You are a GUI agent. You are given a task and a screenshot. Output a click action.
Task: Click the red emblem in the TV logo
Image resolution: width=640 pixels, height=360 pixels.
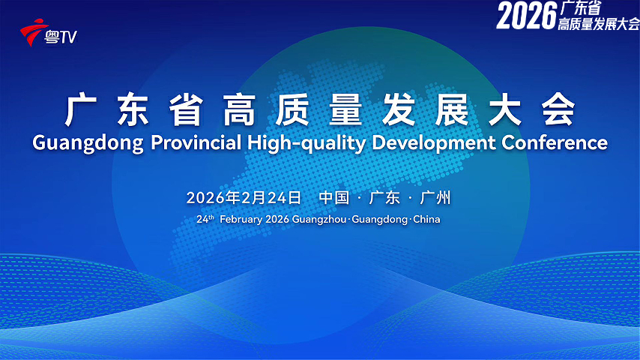pyautogui.click(x=33, y=33)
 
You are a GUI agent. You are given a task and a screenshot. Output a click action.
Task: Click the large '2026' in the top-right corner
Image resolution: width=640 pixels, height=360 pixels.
pyautogui.click(x=525, y=16)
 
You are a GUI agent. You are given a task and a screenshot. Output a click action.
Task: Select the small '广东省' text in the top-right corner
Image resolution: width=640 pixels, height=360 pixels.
pyautogui.click(x=581, y=9)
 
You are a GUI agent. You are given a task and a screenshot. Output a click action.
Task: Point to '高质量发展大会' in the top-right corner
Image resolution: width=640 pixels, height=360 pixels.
pyautogui.click(x=598, y=25)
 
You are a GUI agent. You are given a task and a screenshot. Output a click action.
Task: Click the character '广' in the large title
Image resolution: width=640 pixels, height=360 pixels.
pyautogui.click(x=81, y=110)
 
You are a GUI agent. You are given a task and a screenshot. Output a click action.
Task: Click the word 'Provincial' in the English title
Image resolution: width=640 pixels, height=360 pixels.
pyautogui.click(x=197, y=142)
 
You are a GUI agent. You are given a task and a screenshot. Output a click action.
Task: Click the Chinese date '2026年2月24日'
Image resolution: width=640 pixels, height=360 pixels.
pyautogui.click(x=244, y=198)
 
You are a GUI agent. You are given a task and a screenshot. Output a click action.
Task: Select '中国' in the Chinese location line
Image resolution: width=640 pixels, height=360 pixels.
pyautogui.click(x=334, y=198)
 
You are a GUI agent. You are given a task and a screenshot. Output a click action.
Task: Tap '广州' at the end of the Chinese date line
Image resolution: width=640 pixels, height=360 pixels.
pyautogui.click(x=436, y=198)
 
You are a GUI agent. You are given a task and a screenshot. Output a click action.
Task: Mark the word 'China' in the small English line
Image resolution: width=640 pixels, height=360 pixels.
pyautogui.click(x=426, y=220)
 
